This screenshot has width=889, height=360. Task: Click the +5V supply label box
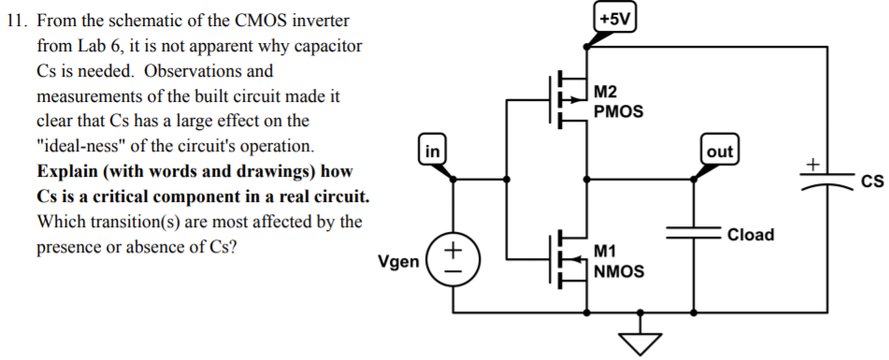coord(615,18)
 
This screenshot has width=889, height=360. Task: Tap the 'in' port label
coord(432,149)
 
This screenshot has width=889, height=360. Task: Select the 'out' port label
coord(720,151)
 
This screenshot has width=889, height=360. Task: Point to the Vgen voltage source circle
coord(453,259)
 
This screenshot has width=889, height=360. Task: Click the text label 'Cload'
coord(750,235)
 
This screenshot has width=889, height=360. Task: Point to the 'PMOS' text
coord(618,110)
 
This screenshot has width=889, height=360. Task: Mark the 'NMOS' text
coord(618,271)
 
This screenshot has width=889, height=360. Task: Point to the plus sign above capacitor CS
coord(813,164)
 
